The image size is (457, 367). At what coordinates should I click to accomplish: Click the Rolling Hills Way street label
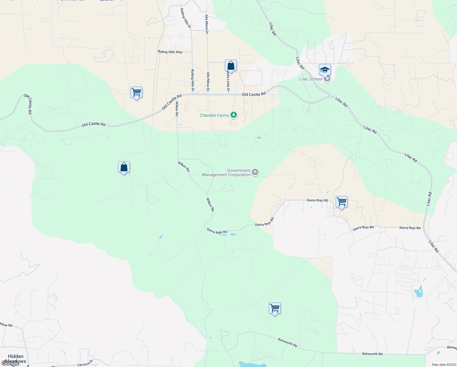(170, 52)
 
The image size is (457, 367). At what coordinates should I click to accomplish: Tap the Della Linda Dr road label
(228, 82)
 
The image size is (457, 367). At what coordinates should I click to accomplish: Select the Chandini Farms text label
(214, 115)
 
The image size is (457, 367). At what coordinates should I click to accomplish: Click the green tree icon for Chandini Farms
(234, 115)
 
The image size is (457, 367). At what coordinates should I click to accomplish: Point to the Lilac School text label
(311, 79)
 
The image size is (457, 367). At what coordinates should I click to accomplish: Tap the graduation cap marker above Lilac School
(325, 70)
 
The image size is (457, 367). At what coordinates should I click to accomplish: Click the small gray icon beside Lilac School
(327, 79)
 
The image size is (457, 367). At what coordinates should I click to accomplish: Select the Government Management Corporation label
(226, 173)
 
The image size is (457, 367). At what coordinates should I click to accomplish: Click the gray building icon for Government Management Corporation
(255, 173)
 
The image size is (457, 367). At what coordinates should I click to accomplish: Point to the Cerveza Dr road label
(85, 363)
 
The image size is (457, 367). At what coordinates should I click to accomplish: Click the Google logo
(10, 364)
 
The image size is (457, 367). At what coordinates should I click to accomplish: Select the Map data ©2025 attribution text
(443, 365)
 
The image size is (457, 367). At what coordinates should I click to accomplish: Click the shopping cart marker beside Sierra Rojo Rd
(342, 202)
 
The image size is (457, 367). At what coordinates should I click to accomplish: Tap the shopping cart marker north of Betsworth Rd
(275, 309)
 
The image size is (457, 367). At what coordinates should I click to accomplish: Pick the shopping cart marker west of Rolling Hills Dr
(136, 92)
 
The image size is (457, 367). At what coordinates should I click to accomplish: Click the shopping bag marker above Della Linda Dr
(231, 66)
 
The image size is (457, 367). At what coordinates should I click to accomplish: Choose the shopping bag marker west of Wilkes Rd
(124, 167)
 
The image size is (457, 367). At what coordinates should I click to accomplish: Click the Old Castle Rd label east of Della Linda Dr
(254, 95)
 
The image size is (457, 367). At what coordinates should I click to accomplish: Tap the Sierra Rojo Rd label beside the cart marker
(317, 200)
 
